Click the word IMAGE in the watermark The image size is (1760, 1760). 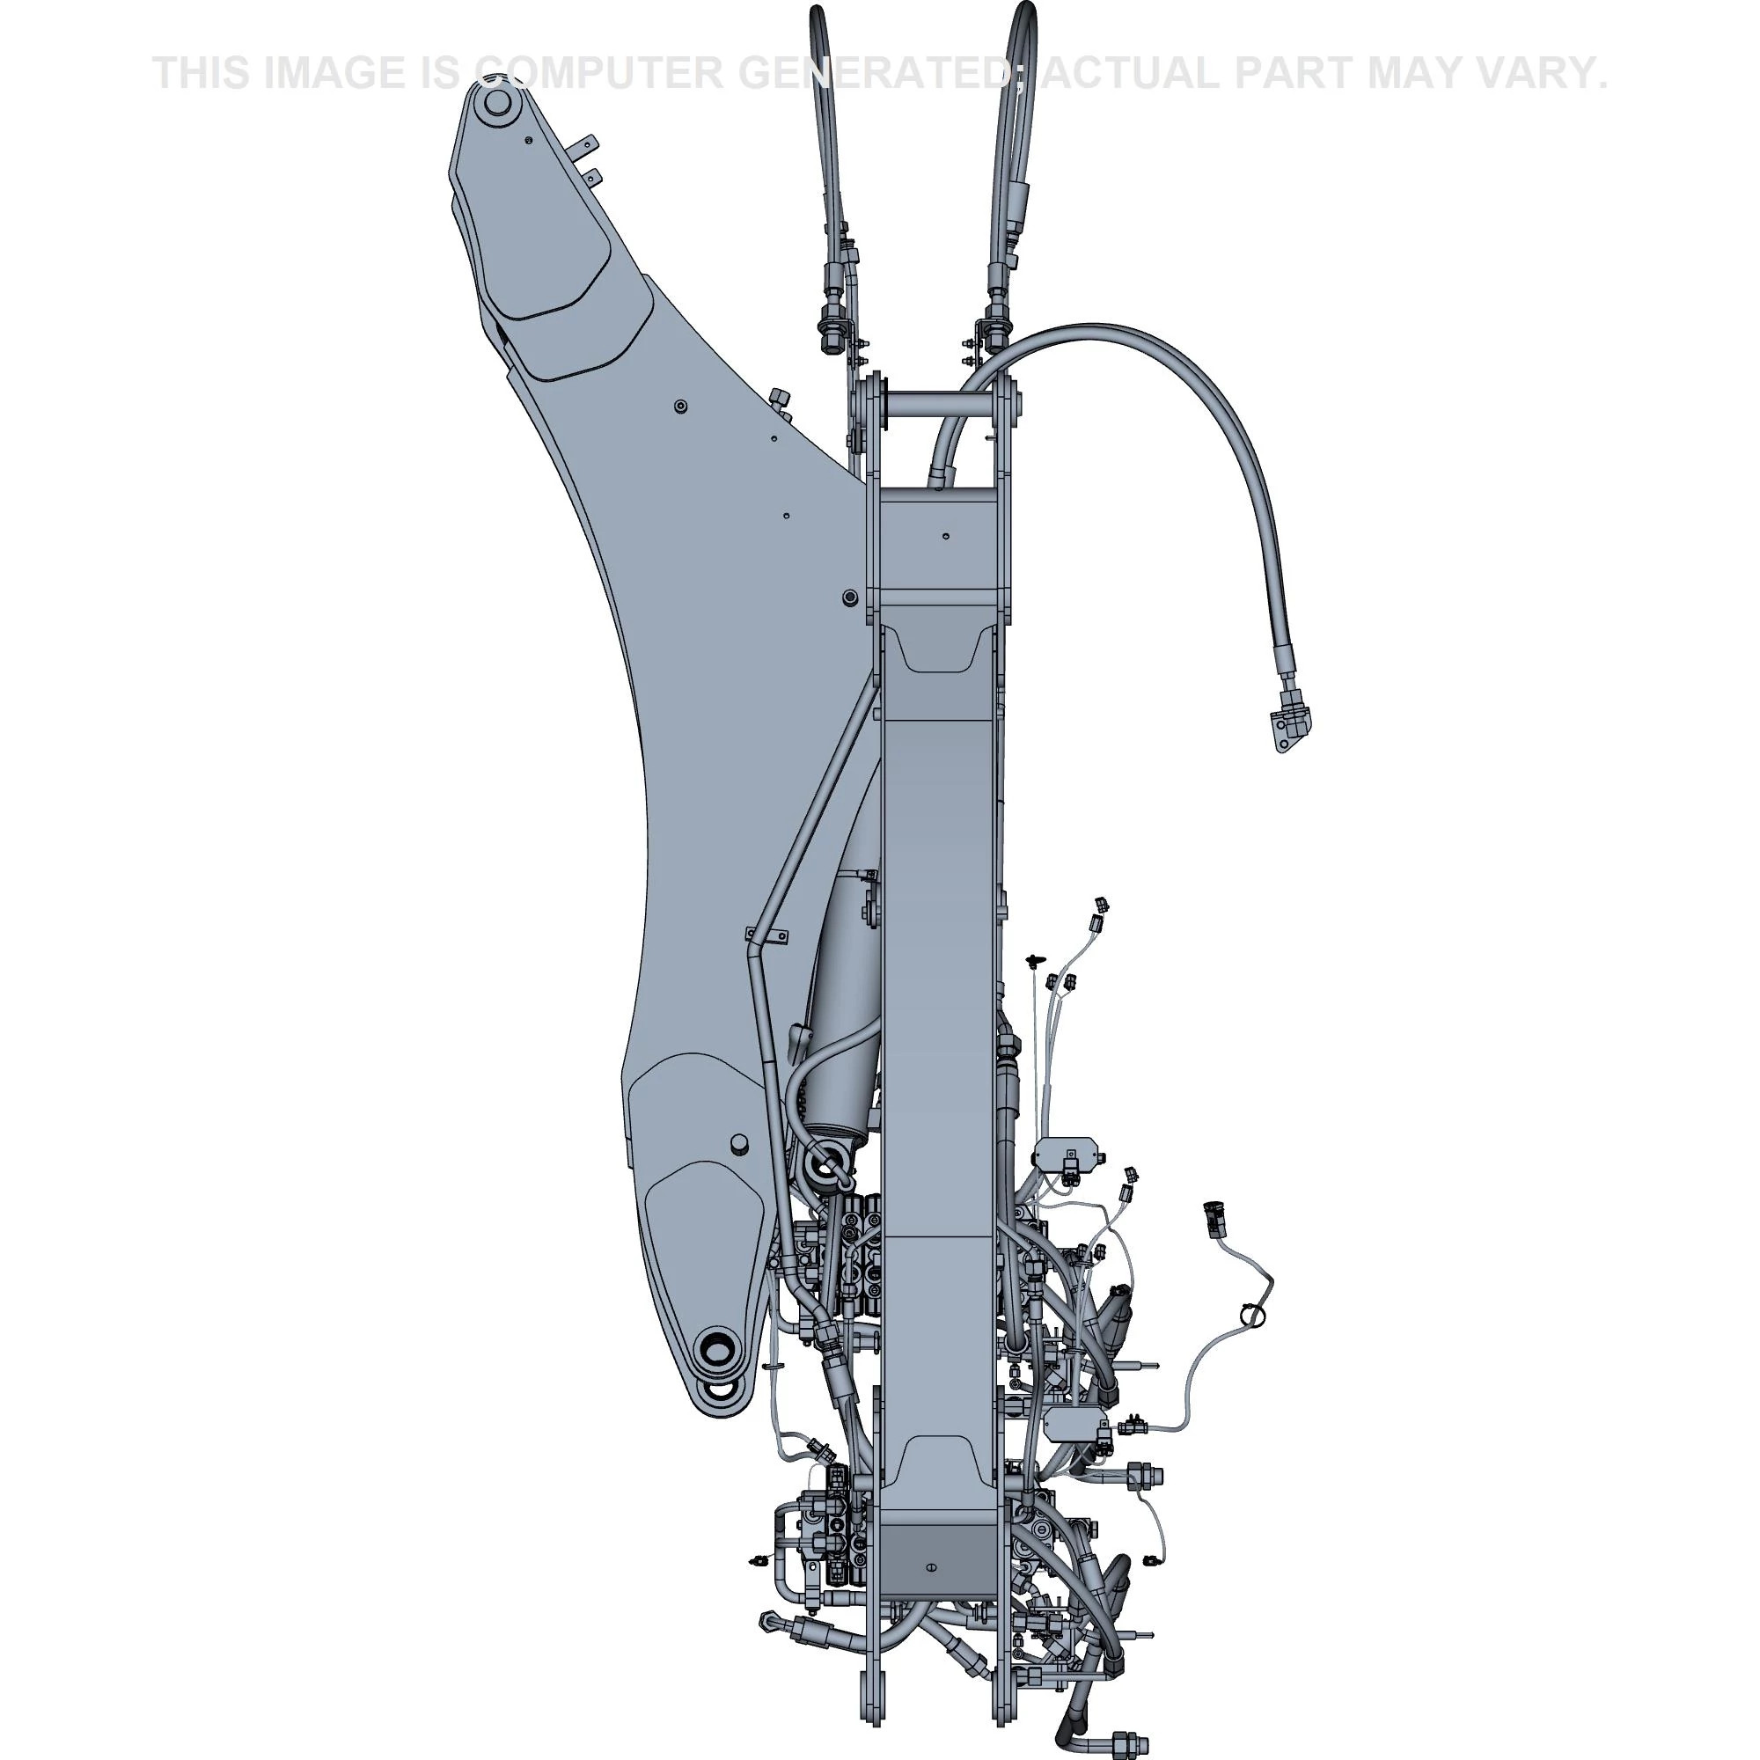tap(337, 73)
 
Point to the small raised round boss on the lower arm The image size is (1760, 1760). tap(738, 1141)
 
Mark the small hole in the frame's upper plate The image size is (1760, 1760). tap(947, 537)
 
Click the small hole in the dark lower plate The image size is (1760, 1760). tap(930, 1567)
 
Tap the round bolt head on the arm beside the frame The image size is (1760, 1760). tap(850, 597)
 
